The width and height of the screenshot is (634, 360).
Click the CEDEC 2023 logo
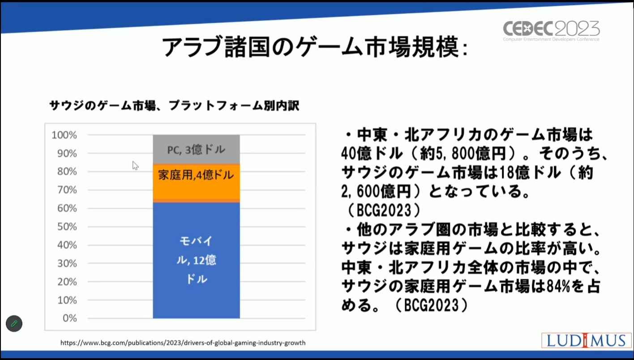click(551, 30)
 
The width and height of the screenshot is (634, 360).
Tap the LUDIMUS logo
click(586, 340)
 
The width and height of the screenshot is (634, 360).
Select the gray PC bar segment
click(196, 150)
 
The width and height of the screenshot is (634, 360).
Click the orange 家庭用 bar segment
click(196, 183)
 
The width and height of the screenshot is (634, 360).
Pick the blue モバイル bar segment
click(196, 260)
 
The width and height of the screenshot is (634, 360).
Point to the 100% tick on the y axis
click(64, 135)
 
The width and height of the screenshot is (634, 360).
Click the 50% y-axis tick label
click(67, 227)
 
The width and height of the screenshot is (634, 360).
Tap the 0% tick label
click(70, 318)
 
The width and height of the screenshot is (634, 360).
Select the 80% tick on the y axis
click(67, 171)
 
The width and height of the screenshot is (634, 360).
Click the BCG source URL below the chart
click(183, 343)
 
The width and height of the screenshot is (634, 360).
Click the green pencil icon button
click(14, 323)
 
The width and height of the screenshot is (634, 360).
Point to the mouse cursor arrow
click(135, 166)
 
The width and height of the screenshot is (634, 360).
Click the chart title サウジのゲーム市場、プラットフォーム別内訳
click(174, 106)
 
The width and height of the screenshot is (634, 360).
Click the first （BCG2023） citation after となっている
click(384, 210)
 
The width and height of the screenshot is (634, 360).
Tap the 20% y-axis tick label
click(67, 281)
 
